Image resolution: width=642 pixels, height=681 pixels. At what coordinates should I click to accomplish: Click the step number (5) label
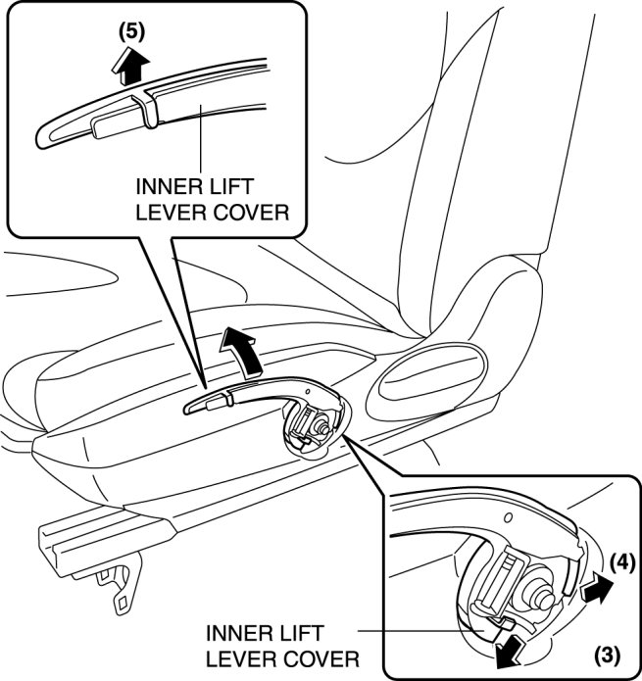pyautogui.click(x=131, y=29)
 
